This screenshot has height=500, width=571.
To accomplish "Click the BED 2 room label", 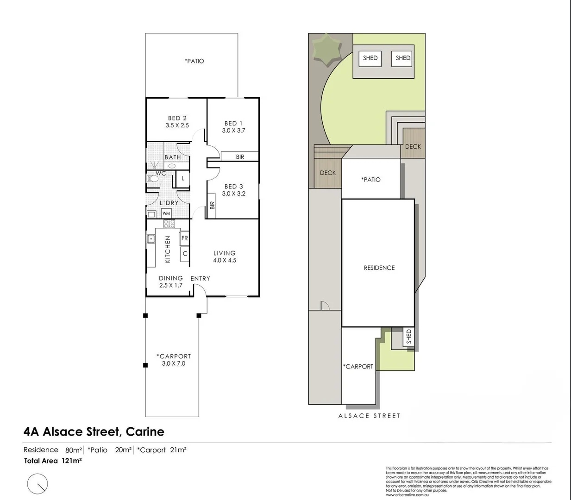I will click(177, 118).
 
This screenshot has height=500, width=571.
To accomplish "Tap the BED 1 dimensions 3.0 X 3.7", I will click(233, 131).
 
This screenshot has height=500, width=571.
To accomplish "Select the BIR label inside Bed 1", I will click(240, 157).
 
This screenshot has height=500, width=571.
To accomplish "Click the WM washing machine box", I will click(166, 213).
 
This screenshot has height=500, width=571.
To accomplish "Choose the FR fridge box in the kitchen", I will click(184, 238).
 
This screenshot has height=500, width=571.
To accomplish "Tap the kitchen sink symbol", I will click(151, 239).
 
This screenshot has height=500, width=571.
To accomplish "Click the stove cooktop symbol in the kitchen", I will click(169, 224).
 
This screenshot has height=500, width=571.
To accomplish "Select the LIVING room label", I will click(225, 253).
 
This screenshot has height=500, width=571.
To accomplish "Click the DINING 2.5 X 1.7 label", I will click(171, 281).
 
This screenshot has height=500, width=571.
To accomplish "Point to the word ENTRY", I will click(200, 278).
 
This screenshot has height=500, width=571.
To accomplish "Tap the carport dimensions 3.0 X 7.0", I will click(174, 363).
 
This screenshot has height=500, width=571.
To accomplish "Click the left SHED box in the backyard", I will click(370, 58).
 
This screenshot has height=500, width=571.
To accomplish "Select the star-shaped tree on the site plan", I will click(327, 50).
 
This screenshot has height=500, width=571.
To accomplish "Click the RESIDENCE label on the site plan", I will click(379, 268).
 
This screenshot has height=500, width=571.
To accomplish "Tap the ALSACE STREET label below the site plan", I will click(369, 416).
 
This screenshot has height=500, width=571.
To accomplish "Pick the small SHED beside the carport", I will click(408, 337).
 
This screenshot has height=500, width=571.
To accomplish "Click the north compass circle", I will click(38, 484).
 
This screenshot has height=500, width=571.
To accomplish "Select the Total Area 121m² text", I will click(53, 461).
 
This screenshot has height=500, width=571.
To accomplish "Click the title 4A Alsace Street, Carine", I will click(94, 431).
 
